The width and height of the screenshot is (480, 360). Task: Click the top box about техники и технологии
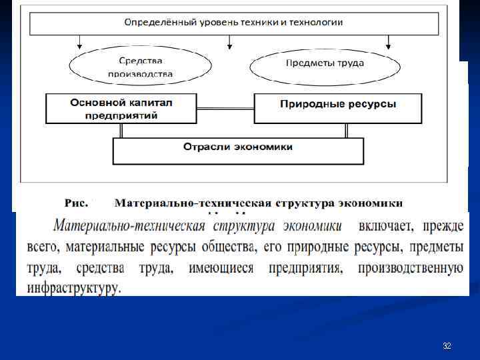(233, 23)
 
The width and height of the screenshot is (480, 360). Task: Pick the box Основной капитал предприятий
(121, 109)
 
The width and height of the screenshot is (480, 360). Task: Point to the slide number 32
(447, 346)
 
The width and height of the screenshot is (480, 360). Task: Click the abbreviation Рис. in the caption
(75, 202)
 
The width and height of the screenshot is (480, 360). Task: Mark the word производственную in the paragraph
(410, 268)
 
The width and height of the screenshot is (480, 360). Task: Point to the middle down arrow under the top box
(231, 43)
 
